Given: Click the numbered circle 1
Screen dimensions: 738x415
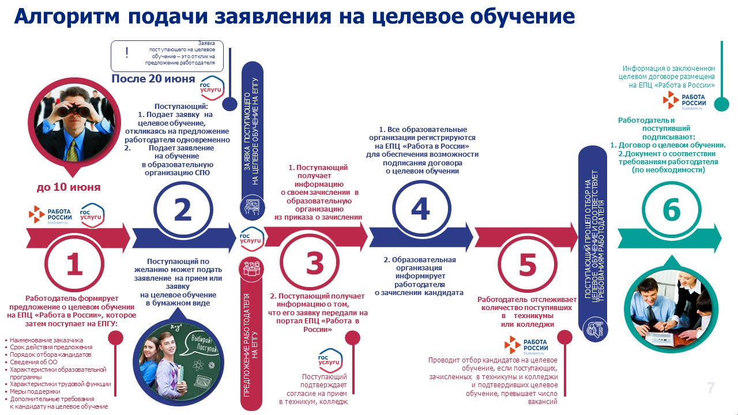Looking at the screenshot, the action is pos(74,263).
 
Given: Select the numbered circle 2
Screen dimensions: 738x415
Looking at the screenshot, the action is pos(183,210).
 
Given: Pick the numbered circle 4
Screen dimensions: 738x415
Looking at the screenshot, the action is pos(421,209).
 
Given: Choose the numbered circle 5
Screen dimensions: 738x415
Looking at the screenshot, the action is pos(528,264).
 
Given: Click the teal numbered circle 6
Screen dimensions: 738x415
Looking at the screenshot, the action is pos(672,210).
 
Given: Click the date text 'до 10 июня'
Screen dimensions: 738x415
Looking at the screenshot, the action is pos(69,187).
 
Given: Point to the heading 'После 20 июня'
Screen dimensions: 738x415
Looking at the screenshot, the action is pos(153,79).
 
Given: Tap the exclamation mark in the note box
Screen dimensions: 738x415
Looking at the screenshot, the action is pos(127,52).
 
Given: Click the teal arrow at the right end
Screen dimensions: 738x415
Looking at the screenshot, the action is pos(669,239).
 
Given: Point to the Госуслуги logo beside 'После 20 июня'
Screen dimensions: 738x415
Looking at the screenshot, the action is pos(212,88).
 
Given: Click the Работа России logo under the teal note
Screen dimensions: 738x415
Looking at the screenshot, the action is pos(684,100).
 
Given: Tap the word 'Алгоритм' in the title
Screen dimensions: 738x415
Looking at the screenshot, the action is pos(66,16).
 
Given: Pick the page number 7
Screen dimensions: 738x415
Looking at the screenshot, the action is pos(711,388).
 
